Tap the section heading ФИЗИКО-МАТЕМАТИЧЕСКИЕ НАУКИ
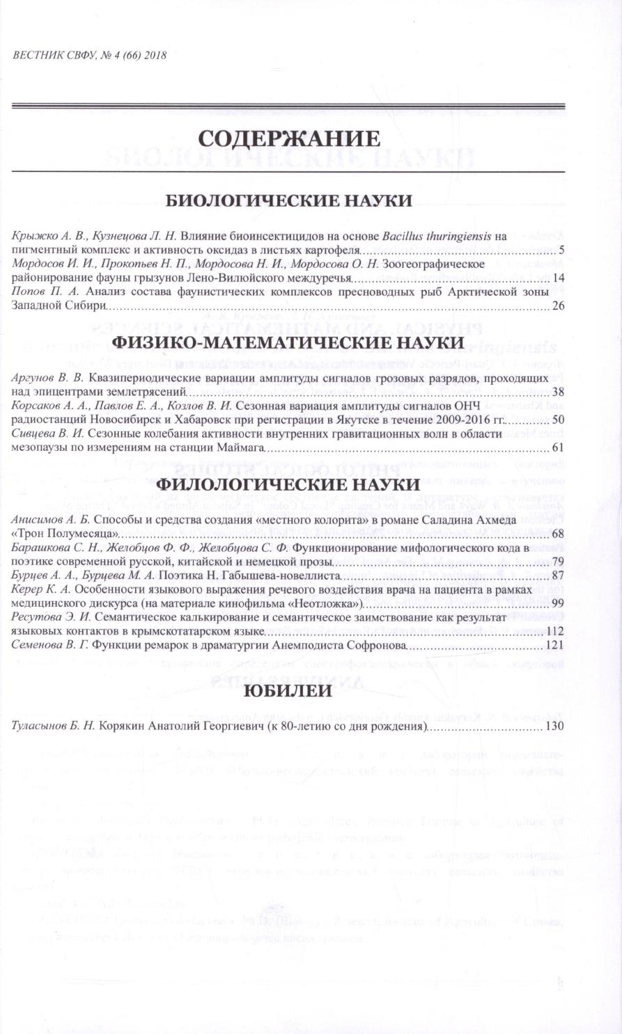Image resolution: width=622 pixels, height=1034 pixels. click(288, 342)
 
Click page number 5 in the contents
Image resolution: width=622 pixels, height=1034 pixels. click(561, 249)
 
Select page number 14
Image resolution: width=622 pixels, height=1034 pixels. click(558, 278)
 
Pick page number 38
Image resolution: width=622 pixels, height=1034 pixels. click(558, 391)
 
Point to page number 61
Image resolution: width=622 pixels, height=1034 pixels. click(558, 447)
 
